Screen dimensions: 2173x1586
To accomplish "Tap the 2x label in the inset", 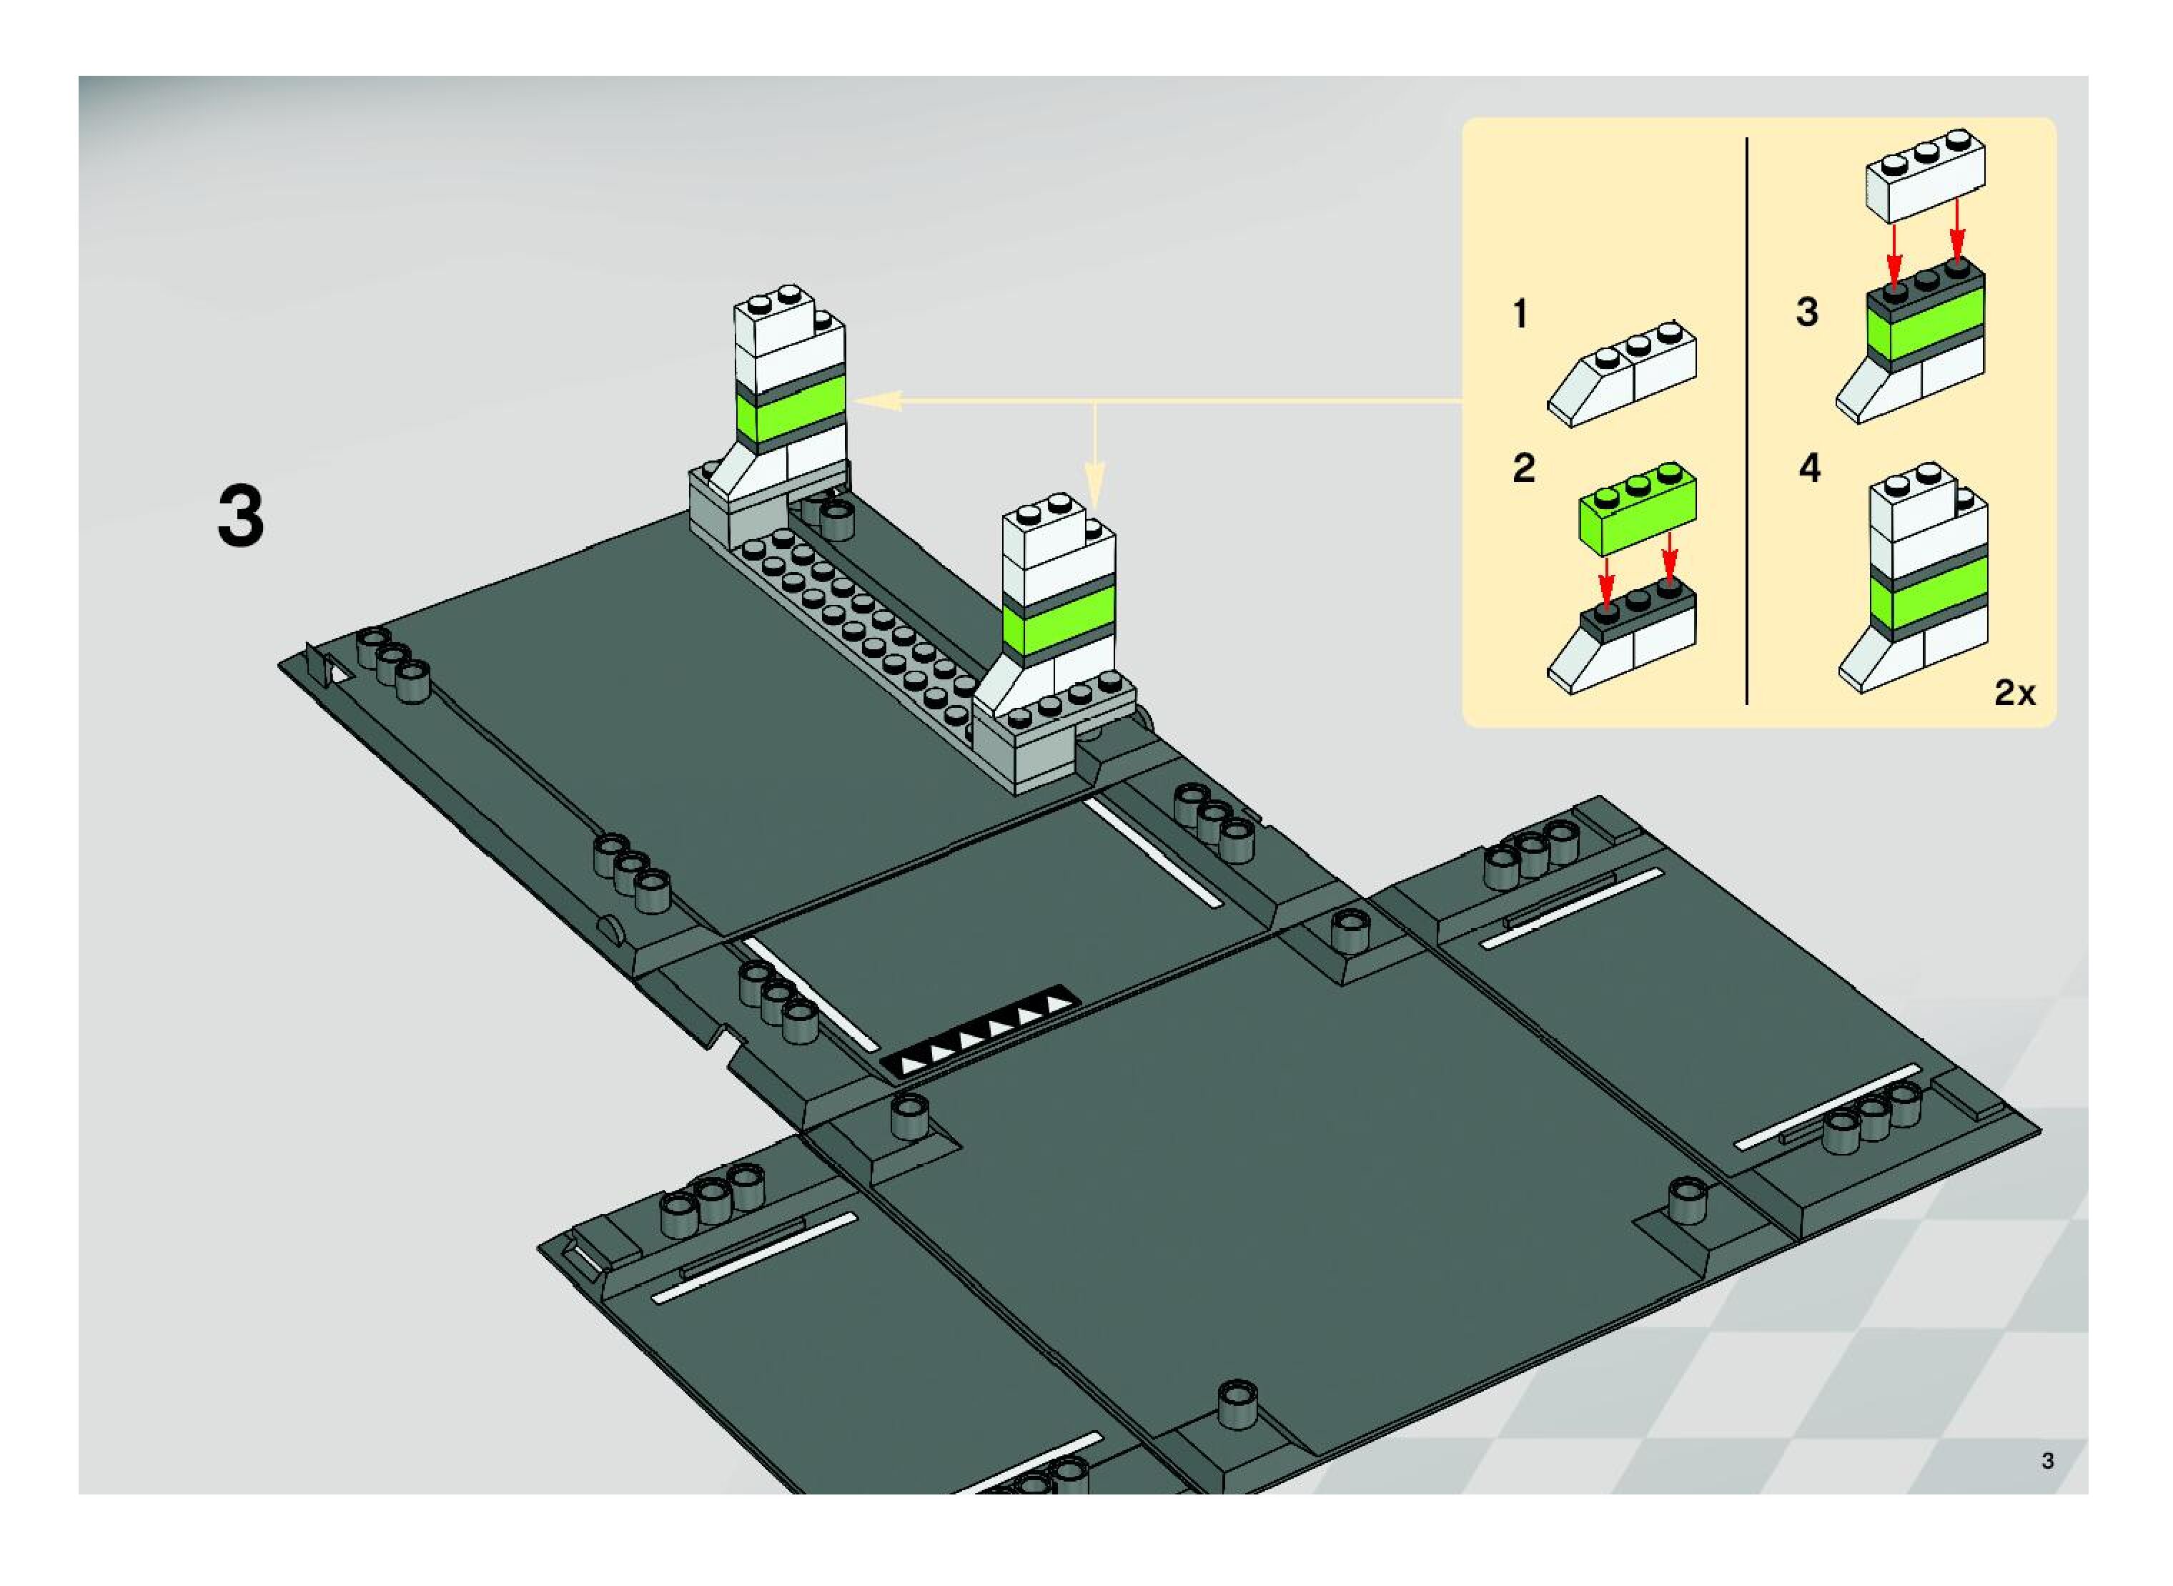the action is tap(2014, 693).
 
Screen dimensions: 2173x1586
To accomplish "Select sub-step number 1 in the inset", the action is tap(1520, 314).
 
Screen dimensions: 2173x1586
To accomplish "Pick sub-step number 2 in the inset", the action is tap(1523, 468).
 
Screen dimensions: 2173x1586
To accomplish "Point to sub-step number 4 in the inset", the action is tap(1809, 468).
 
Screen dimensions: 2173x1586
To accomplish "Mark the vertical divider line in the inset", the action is tap(1747, 423).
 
